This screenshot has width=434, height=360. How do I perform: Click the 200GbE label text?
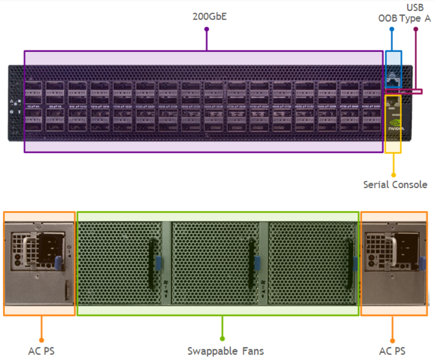tap(210, 16)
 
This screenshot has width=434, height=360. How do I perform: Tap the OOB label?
tap(388, 19)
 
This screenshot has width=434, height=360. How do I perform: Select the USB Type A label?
tap(415, 14)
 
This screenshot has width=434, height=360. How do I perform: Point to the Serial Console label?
tap(395, 185)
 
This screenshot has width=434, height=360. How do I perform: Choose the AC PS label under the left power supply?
tap(41, 351)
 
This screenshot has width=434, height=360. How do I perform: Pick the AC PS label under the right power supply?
tap(392, 351)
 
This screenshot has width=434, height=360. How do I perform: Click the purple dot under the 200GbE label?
tap(207, 29)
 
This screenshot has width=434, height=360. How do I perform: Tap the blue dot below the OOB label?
tap(392, 29)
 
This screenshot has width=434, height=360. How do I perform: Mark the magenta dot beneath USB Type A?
tap(416, 29)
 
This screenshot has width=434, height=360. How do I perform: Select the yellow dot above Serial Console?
tap(393, 174)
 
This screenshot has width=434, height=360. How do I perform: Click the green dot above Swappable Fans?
tap(222, 338)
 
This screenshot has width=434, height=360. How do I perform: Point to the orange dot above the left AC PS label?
tap(41, 338)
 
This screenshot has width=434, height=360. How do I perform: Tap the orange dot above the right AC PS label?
tap(393, 338)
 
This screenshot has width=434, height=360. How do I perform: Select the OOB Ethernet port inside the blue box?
tap(393, 78)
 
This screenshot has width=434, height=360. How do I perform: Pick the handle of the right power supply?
tap(391, 242)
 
